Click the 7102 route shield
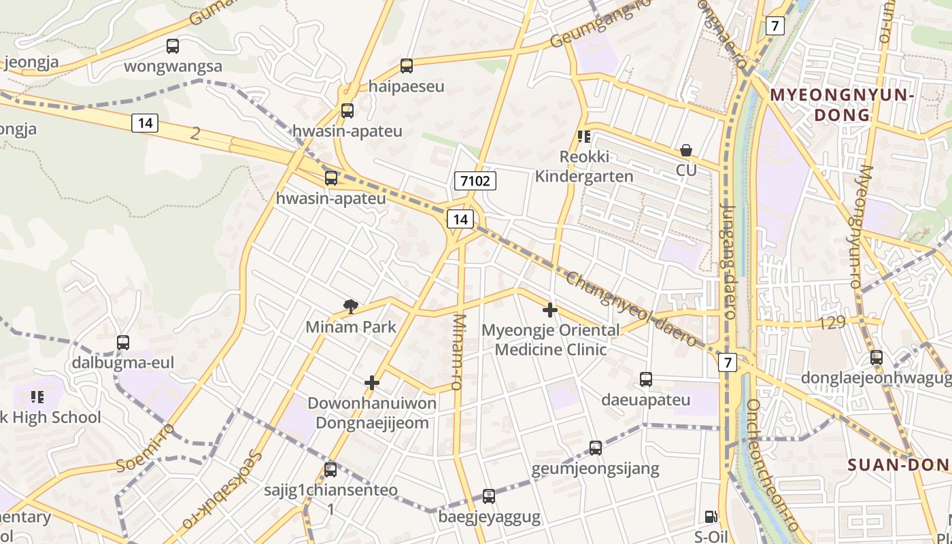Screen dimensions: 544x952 coord(475,181)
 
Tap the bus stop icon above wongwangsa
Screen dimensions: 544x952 coord(173,46)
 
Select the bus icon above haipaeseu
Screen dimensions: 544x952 coord(407,66)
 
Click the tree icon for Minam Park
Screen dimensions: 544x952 coord(351,306)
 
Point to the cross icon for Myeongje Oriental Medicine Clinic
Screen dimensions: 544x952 coord(550,311)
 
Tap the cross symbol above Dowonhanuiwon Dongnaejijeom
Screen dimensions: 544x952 coord(371,383)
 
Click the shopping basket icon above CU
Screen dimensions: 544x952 coord(686,150)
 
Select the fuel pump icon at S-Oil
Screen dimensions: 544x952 coord(711,517)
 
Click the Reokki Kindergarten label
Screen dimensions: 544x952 coord(584,167)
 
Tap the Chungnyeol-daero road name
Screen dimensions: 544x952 coord(632,310)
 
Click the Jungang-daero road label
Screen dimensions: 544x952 coord(729,262)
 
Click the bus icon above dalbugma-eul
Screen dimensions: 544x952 coord(123,343)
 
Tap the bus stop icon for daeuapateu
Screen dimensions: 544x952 coord(646,379)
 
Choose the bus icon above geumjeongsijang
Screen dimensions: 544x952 coord(596,448)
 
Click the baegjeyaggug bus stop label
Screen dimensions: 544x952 coord(490,517)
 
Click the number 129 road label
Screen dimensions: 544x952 coord(832,323)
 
